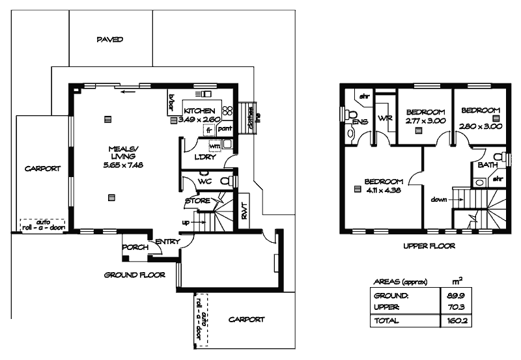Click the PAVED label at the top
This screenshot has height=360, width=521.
[x=110, y=40]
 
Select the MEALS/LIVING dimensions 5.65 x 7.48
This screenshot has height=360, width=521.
[x=122, y=165]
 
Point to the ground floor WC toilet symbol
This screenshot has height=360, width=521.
[x=225, y=181]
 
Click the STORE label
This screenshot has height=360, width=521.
[x=197, y=201]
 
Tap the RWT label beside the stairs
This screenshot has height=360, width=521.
[x=245, y=210]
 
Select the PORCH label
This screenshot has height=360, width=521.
[x=134, y=247]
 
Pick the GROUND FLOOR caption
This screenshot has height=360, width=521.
[x=135, y=275]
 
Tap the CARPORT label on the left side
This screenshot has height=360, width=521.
[x=42, y=169]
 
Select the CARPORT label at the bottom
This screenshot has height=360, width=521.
[x=247, y=320]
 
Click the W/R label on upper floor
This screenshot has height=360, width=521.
[x=384, y=118]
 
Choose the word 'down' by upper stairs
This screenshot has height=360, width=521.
[x=439, y=200]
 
